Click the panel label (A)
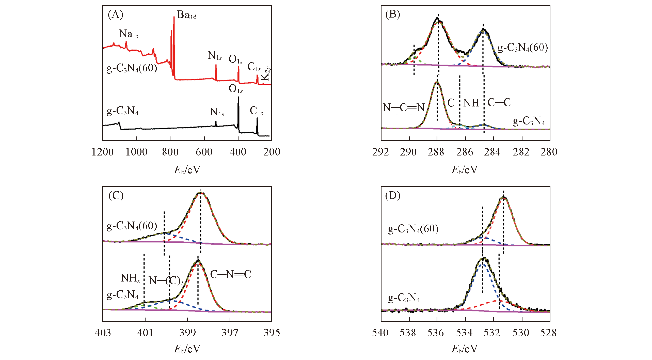[115, 14]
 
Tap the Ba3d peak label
[186, 15]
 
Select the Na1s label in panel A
[129, 34]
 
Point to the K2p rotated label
[265, 73]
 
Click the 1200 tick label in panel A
[103, 152]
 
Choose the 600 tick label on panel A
[204, 152]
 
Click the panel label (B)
[393, 14]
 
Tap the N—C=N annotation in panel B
[404, 108]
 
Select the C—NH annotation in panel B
[463, 103]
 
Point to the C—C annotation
[499, 102]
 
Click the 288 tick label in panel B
[436, 152]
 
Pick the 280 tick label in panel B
[549, 152]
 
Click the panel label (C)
[116, 196]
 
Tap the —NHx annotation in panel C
[126, 278]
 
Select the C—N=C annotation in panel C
[231, 274]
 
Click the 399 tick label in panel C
[187, 333]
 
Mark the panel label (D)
[393, 196]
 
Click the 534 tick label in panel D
[464, 333]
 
